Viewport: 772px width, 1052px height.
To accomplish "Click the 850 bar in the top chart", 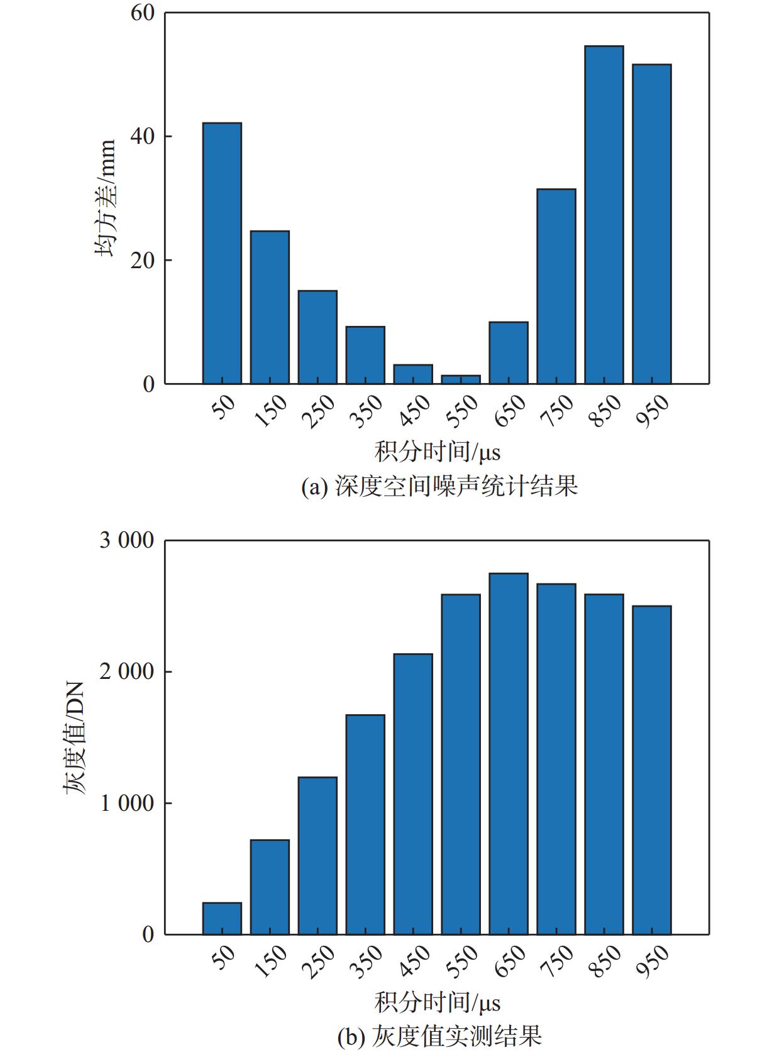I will [x=604, y=215].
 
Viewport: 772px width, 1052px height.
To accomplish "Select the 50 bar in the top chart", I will [x=222, y=253].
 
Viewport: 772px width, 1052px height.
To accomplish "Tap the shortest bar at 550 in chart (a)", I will [x=461, y=379].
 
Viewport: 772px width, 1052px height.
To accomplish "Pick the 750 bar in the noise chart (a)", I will [x=556, y=286].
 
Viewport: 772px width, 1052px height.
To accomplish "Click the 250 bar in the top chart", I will [x=317, y=337].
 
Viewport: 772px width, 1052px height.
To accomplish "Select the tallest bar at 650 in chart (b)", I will [x=509, y=754].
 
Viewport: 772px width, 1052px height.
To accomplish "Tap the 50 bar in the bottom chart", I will [x=222, y=918].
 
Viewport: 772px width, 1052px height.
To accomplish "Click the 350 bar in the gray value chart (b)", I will [x=365, y=825].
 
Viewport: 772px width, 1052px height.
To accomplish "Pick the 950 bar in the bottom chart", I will [x=652, y=770].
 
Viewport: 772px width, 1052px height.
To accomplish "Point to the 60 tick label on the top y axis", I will [x=143, y=13].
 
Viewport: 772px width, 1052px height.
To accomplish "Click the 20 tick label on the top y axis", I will [x=143, y=261].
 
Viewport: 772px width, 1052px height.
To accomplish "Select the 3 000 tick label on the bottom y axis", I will [x=126, y=541].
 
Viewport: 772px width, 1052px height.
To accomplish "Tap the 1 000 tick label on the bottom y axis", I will [x=126, y=803].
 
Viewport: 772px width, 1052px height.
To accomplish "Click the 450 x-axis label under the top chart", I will [x=414, y=411].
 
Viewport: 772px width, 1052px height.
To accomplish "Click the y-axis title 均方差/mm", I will [x=106, y=198].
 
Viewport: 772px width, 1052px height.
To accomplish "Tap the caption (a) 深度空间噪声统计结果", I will [x=439, y=486].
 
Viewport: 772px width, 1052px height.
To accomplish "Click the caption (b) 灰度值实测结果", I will [x=439, y=1036].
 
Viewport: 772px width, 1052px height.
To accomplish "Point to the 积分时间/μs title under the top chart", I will [x=438, y=452].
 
